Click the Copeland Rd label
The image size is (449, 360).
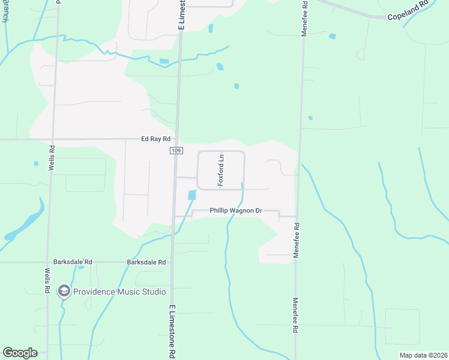pyautogui.click(x=408, y=16)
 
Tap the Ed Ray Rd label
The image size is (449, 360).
pyautogui.click(x=157, y=139)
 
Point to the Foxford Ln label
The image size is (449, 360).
pyautogui.click(x=221, y=170)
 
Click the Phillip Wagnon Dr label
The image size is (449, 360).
pyautogui.click(x=236, y=211)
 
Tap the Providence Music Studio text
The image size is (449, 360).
pyautogui.click(x=119, y=292)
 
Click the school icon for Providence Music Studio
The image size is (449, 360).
pyautogui.click(x=64, y=292)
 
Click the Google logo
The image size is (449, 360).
pyautogui.click(x=20, y=353)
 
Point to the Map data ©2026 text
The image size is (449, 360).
pyautogui.click(x=423, y=355)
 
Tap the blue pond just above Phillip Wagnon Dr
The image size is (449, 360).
pyautogui.click(x=192, y=195)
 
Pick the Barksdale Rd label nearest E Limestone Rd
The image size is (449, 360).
pyautogui.click(x=147, y=262)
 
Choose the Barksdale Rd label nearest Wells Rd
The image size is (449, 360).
pyautogui.click(x=73, y=262)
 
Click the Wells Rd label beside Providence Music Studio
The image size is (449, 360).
pyautogui.click(x=47, y=280)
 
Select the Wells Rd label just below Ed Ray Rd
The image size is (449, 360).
pyautogui.click(x=52, y=158)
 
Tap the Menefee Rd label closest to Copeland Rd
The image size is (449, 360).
pyautogui.click(x=304, y=22)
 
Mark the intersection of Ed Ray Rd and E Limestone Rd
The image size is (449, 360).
pyautogui.click(x=177, y=139)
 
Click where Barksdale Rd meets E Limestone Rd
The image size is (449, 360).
pyautogui.click(x=172, y=262)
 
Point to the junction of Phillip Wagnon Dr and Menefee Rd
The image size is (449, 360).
pyautogui.click(x=297, y=216)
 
